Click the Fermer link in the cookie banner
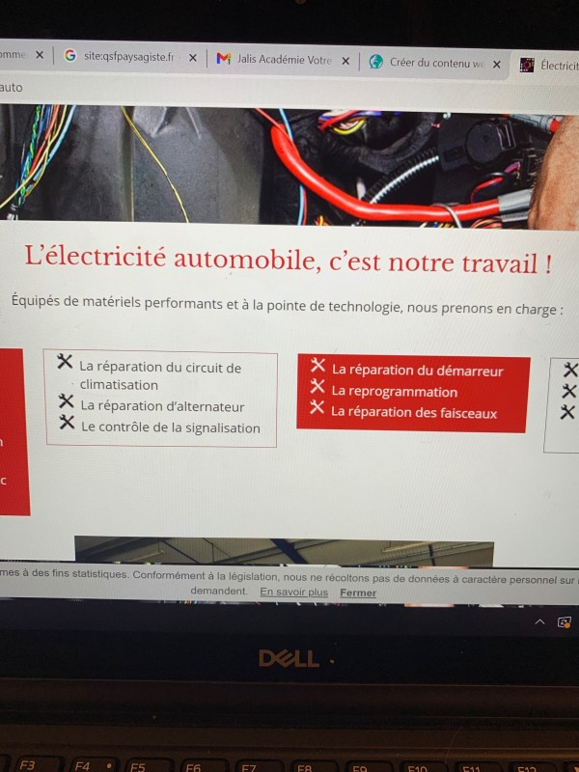click(x=358, y=593)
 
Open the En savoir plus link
click(x=293, y=592)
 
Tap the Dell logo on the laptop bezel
click(x=289, y=658)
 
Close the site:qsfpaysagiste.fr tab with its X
click(x=192, y=58)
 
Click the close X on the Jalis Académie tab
click(x=345, y=60)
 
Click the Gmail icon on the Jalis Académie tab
click(x=223, y=59)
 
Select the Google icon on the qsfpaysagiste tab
click(x=69, y=56)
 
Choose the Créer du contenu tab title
click(x=436, y=63)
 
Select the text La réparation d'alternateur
click(x=162, y=406)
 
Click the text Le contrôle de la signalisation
click(x=170, y=427)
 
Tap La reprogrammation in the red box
click(x=394, y=391)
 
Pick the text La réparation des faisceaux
click(x=414, y=412)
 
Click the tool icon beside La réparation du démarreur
click(x=317, y=365)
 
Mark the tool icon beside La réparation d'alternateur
click(x=66, y=401)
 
